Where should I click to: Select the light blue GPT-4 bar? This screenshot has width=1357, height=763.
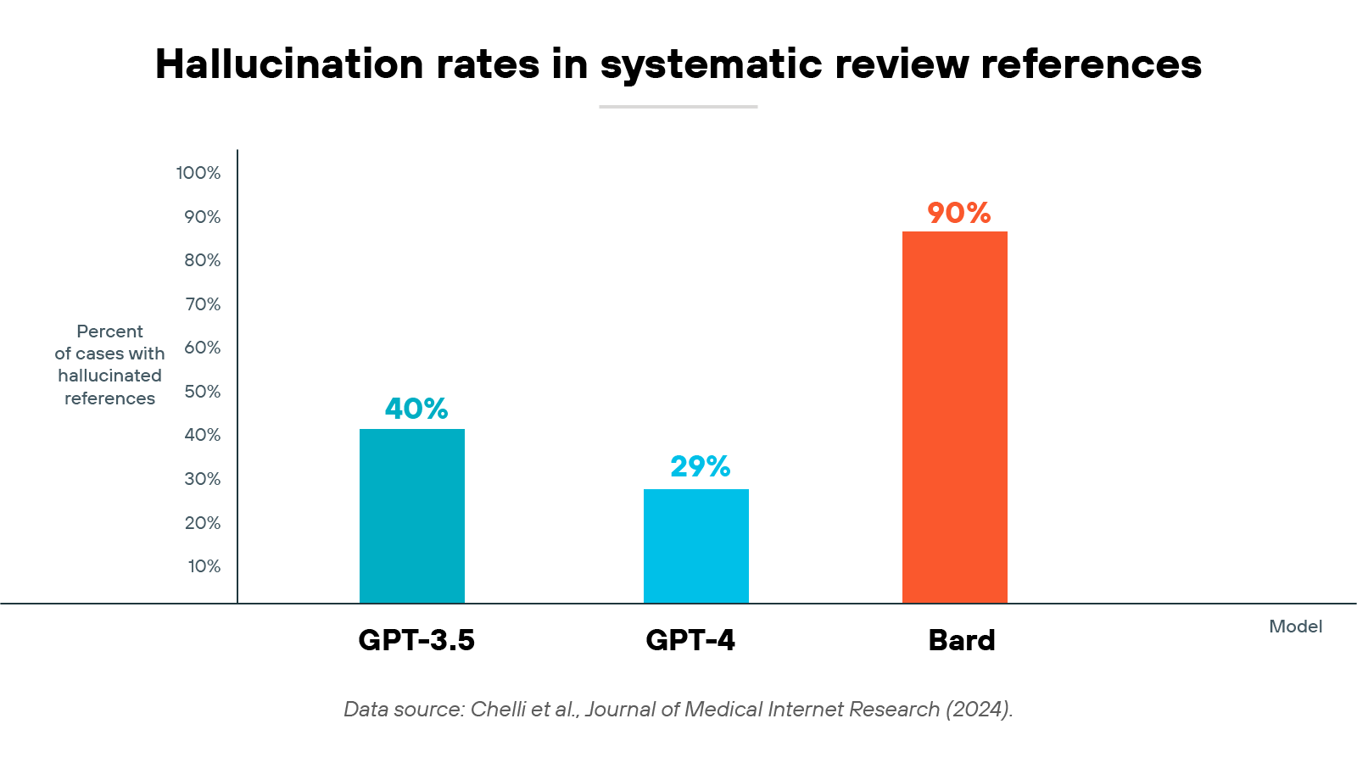point(696,546)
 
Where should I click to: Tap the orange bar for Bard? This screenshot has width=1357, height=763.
point(955,417)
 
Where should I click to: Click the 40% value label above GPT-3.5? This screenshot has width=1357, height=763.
point(416,409)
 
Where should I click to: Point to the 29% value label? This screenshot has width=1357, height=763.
point(701,466)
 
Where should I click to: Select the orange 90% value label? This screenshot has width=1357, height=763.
point(959,213)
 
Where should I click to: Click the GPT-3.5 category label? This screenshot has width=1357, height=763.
point(416,640)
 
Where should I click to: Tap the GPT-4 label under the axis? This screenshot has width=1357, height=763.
point(690,640)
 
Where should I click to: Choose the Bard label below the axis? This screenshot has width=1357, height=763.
point(962,640)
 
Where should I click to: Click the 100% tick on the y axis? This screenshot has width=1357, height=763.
point(198,173)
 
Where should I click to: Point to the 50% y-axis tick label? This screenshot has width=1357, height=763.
point(203,392)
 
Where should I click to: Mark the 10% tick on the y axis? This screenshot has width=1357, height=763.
point(204,566)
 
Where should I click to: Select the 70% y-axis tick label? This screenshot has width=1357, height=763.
point(203,304)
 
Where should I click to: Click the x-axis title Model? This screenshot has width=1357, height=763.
point(1295,627)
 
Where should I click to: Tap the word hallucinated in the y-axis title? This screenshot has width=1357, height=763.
point(109,376)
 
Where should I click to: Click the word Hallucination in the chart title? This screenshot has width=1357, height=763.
point(289,64)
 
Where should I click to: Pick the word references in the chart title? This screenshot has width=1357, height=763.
point(1092,64)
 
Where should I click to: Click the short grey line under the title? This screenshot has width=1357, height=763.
point(678,107)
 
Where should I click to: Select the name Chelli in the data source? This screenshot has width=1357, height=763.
point(498,710)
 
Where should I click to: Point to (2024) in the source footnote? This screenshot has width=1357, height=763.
point(978,710)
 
